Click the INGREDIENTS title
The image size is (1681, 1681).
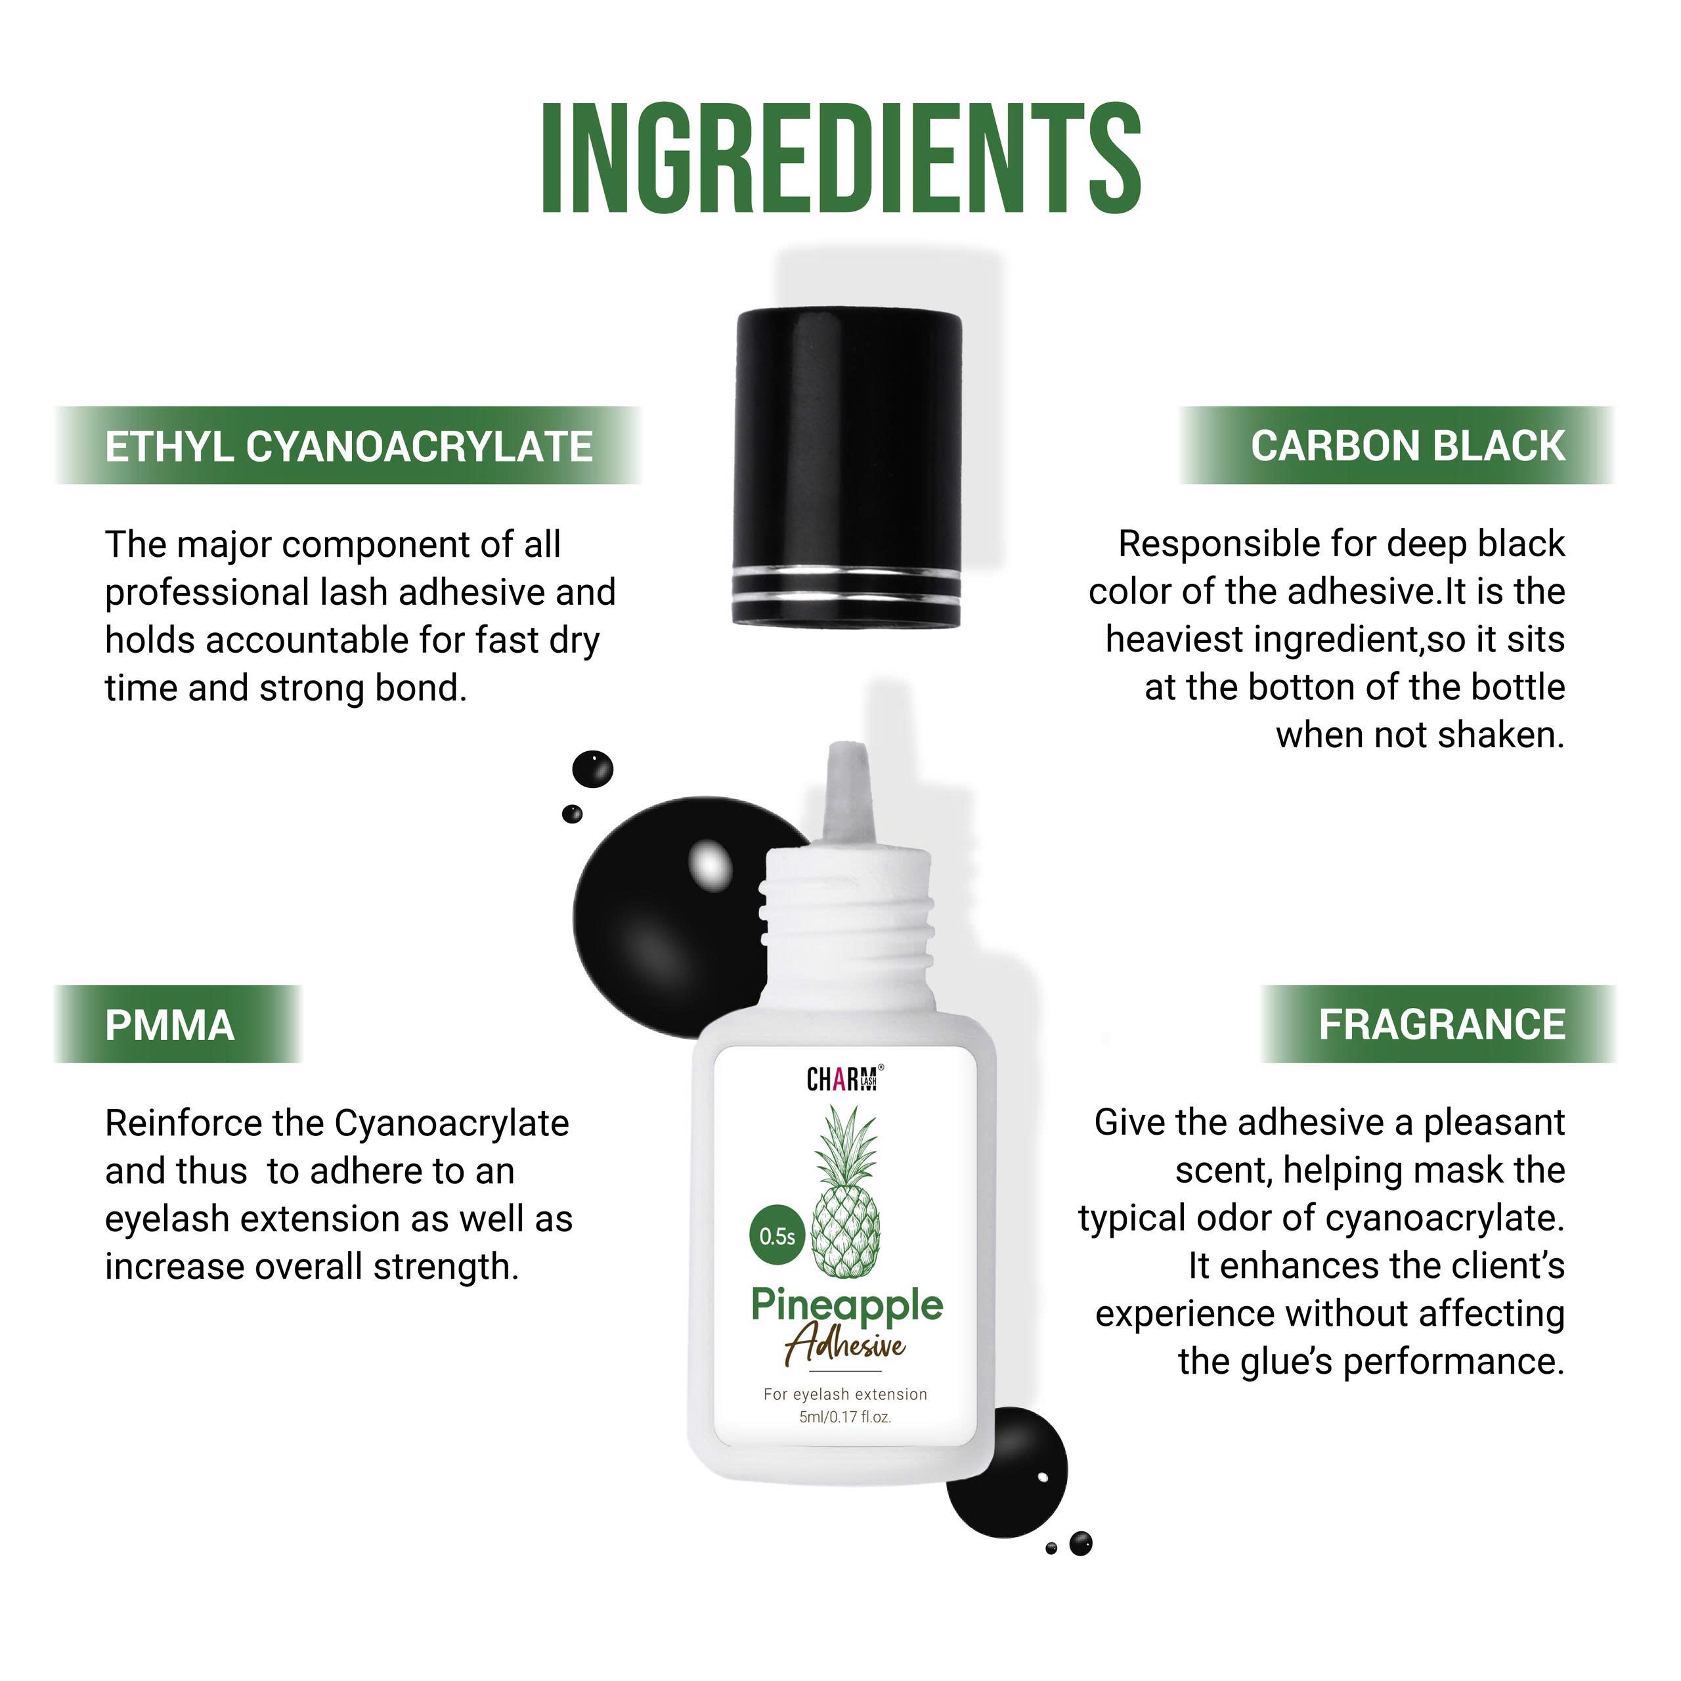pos(840,158)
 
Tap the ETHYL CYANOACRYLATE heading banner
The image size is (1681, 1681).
pos(348,445)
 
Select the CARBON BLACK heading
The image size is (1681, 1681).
pos(1407,445)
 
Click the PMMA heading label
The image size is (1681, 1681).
pos(169,1025)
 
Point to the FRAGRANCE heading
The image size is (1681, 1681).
pos(1442,1024)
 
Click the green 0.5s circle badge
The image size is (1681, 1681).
pos(777,1236)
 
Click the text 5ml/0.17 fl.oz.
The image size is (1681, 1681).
pos(845,1418)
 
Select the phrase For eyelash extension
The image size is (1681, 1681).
pos(845,1394)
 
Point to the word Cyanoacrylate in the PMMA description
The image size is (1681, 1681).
pos(452,1124)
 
